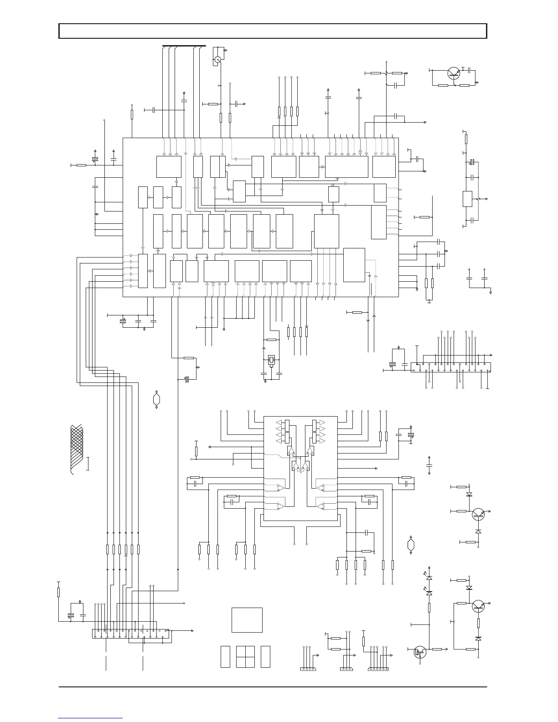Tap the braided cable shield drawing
click(76, 449)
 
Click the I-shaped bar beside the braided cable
click(88, 464)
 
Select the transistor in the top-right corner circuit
click(454, 73)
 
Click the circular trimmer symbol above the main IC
click(218, 59)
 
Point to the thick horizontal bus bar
click(184, 46)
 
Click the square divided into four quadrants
click(245, 656)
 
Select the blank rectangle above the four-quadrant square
click(247, 619)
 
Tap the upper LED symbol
click(429, 578)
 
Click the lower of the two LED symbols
click(429, 593)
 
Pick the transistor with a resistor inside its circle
click(420, 652)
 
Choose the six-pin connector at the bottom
click(378, 669)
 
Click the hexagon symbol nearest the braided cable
click(156, 400)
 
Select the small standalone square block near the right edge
click(467, 199)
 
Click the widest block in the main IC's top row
click(346, 167)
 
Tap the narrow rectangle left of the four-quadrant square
click(225, 656)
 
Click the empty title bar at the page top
click(273, 31)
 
